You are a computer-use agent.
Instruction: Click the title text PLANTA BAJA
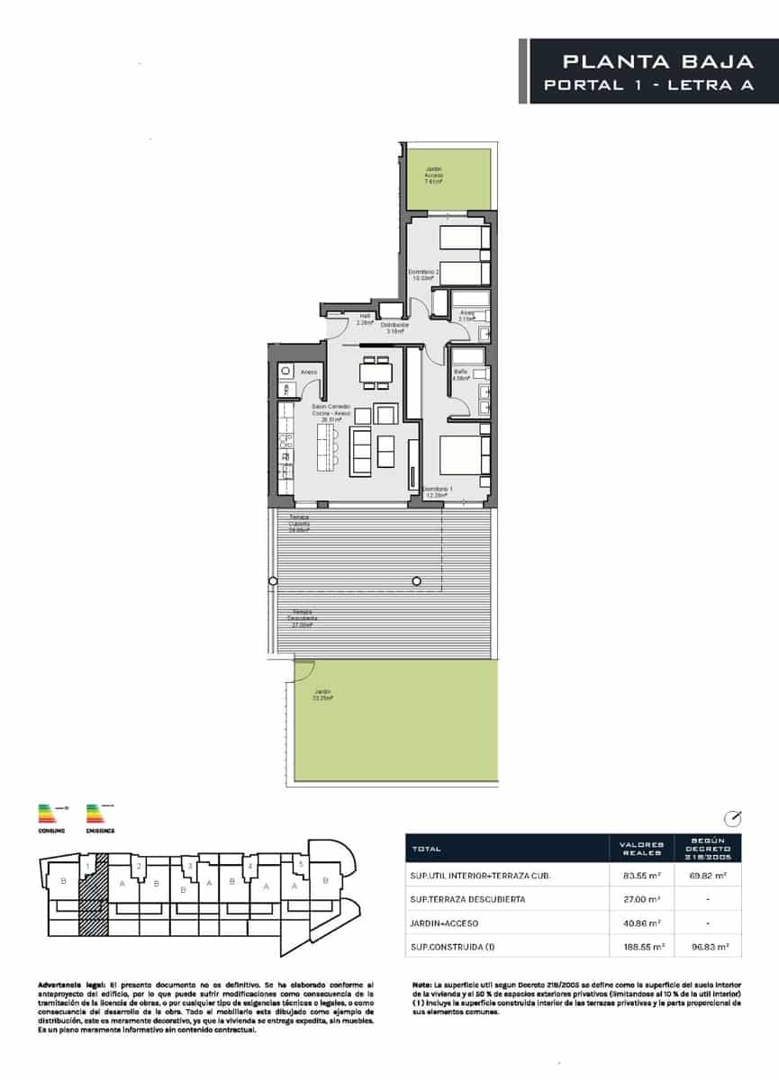[657, 62]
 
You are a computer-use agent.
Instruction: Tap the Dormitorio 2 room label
[423, 274]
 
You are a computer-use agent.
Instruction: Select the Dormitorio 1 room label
[439, 491]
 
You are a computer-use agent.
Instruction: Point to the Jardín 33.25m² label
[322, 695]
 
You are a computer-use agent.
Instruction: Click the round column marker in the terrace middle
[417, 581]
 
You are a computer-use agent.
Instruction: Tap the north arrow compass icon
[733, 817]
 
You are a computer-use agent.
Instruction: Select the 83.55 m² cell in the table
[642, 874]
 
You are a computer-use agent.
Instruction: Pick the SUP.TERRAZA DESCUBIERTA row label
[466, 898]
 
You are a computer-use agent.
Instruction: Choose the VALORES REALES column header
[642, 849]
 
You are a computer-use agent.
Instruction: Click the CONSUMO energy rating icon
[50, 817]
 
